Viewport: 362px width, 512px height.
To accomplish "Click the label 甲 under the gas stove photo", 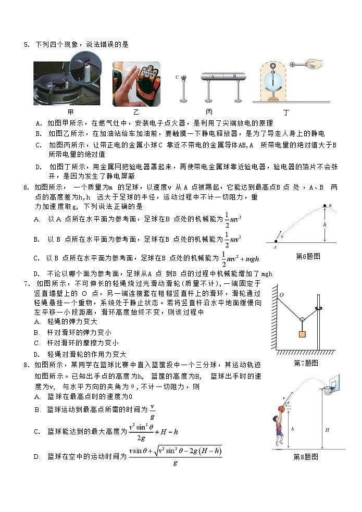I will pyautogui.click(x=70, y=111).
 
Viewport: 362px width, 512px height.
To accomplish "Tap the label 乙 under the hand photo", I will pyautogui.click(x=136, y=111).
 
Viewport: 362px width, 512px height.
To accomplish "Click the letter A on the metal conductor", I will pyautogui.click(x=213, y=76).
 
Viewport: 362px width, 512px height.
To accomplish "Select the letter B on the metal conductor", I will pyautogui.click(x=234, y=76).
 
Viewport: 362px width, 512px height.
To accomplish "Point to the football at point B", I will pyautogui.click(x=326, y=206).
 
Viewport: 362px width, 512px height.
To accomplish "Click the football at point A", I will pyautogui.click(x=276, y=242).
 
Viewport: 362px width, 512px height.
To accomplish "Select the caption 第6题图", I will pyautogui.click(x=307, y=256).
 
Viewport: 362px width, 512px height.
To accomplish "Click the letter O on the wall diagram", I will pyautogui.click(x=281, y=295).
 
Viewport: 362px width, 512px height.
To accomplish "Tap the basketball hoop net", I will pyautogui.click(x=328, y=391).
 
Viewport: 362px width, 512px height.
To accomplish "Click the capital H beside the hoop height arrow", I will pyautogui.click(x=327, y=430).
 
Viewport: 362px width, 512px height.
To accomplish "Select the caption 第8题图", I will pyautogui.click(x=306, y=457).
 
